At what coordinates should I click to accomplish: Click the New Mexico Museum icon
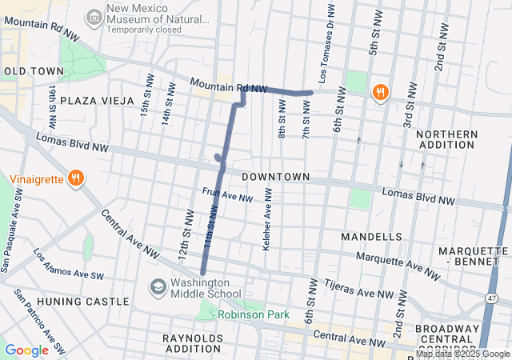tap(94, 16)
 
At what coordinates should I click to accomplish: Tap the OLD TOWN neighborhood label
tap(29, 71)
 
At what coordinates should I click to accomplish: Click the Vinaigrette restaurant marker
tap(76, 178)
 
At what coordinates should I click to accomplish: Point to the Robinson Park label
tap(254, 315)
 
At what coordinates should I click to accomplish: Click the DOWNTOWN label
tap(275, 176)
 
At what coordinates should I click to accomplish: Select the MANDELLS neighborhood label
tap(371, 238)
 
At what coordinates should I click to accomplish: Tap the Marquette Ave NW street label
tap(397, 266)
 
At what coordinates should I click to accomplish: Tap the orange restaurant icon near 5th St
tap(380, 92)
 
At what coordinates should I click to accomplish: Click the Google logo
tap(26, 350)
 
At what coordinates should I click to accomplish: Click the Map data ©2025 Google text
tap(462, 354)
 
